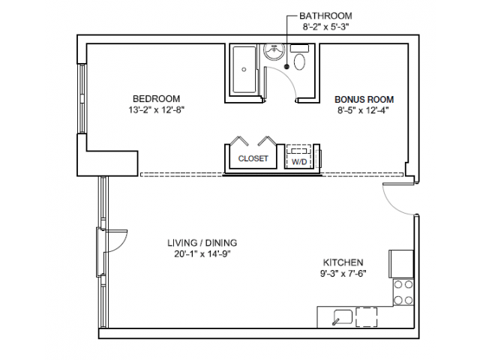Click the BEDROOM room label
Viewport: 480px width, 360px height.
pyautogui.click(x=157, y=99)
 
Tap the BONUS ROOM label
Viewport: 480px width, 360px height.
pyautogui.click(x=364, y=100)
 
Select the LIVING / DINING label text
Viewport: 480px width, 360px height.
pyautogui.click(x=202, y=243)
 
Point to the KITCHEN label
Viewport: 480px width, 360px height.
pyautogui.click(x=343, y=262)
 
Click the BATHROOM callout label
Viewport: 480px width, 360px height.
pyautogui.click(x=325, y=16)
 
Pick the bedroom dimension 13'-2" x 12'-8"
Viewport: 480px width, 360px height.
pyautogui.click(x=157, y=110)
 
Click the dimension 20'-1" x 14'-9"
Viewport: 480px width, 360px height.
pyautogui.click(x=202, y=254)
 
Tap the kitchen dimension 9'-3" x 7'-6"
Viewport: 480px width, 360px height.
pyautogui.click(x=343, y=273)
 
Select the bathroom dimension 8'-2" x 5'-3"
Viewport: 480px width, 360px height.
pyautogui.click(x=325, y=27)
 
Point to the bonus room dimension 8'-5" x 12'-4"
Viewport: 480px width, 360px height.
pyautogui.click(x=364, y=110)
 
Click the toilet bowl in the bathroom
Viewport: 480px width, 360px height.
pyautogui.click(x=300, y=61)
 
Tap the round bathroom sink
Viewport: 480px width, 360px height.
pyautogui.click(x=274, y=51)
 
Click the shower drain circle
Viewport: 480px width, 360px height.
pyautogui.click(x=244, y=70)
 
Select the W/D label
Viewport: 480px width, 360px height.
pyautogui.click(x=299, y=162)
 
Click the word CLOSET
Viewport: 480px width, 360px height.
pyautogui.click(x=253, y=158)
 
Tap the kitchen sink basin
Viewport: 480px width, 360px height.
pyautogui.click(x=343, y=316)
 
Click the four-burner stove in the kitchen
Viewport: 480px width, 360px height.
pyautogui.click(x=403, y=292)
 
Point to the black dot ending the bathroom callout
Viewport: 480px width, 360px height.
pyautogui.click(x=286, y=67)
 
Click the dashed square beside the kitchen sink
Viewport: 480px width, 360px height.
pyautogui.click(x=367, y=316)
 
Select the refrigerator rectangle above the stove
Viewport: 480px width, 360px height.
pyautogui.click(x=401, y=264)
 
